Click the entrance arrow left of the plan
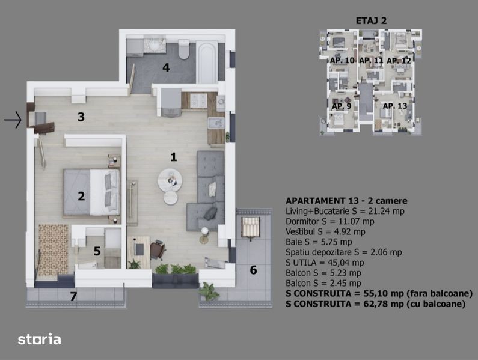(13, 120)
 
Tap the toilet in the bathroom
(184, 50)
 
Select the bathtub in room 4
(207, 63)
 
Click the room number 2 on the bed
(81, 196)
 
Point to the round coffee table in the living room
(170, 180)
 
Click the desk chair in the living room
(158, 249)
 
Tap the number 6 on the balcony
(253, 270)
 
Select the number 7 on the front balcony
(73, 296)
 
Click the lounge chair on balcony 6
(251, 228)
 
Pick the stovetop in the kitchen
(198, 100)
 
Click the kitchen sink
(216, 123)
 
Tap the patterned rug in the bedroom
(54, 250)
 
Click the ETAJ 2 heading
(371, 20)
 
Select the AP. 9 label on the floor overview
(341, 106)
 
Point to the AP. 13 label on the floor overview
(395, 106)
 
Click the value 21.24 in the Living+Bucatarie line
(380, 211)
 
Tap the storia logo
(39, 339)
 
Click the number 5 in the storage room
(97, 251)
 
